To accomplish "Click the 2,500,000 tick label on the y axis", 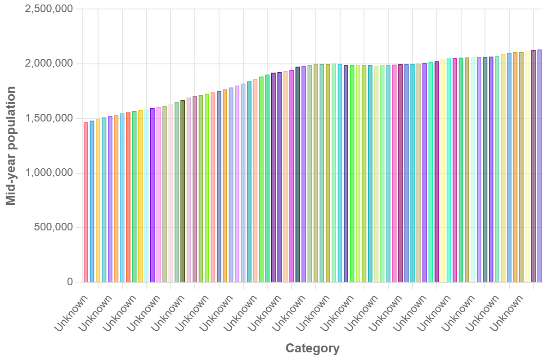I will pyautogui.click(x=49, y=9).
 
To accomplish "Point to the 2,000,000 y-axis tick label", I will pyautogui.click(x=49, y=64).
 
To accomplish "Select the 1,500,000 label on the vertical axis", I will pyautogui.click(x=49, y=118).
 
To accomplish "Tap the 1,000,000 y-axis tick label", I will pyautogui.click(x=49, y=173).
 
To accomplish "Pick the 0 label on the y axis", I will pyautogui.click(x=70, y=282).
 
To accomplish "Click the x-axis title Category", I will pyautogui.click(x=313, y=348).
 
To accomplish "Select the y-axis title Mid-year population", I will pyautogui.click(x=11, y=145).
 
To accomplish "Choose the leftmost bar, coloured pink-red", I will pyautogui.click(x=86, y=202).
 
